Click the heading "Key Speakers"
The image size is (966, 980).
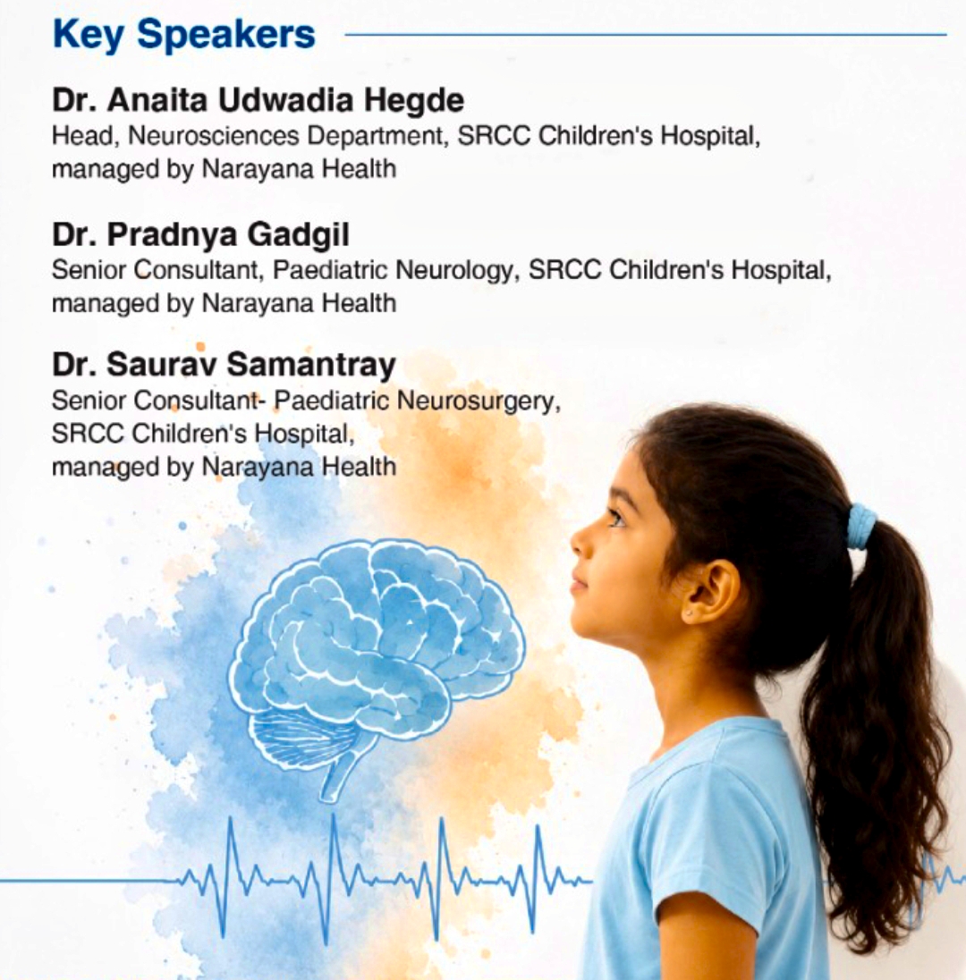coord(184,34)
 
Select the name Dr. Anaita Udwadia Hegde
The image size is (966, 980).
coord(258,101)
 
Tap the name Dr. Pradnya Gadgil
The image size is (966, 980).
coord(200,235)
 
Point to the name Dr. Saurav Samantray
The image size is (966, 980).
coord(224,365)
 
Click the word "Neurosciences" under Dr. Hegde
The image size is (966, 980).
coord(213,136)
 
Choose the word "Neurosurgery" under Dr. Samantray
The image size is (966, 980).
coord(479,401)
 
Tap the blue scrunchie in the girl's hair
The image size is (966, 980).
coord(862,527)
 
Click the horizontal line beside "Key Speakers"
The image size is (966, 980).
coord(646,35)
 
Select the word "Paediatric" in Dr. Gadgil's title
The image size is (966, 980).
coord(330,271)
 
